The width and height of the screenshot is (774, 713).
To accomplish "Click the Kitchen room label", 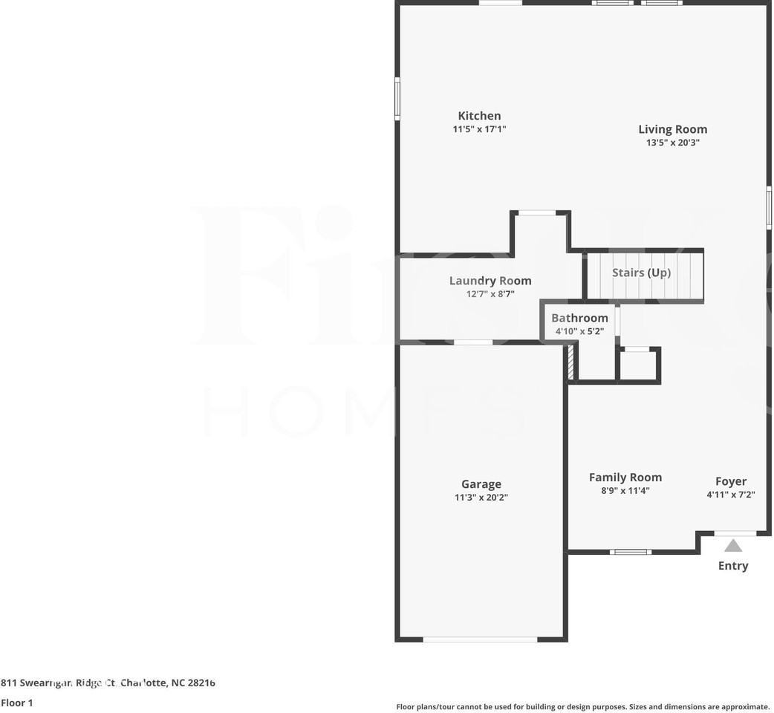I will (479, 116).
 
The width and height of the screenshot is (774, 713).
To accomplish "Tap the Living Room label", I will (672, 129).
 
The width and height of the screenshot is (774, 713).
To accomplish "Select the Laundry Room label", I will (490, 281).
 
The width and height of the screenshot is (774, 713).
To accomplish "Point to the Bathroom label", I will (579, 318).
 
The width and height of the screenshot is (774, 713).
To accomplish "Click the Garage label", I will (481, 484).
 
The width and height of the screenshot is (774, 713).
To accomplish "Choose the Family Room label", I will (625, 478).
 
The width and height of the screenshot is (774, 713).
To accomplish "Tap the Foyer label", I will (731, 481).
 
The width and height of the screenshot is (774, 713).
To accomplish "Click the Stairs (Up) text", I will (641, 273).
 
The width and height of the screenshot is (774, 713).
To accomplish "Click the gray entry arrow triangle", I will (733, 546).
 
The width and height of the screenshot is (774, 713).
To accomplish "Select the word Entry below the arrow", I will (733, 566).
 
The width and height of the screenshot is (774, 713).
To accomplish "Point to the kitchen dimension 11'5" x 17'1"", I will (479, 129).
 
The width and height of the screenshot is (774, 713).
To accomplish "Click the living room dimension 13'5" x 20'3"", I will (672, 143).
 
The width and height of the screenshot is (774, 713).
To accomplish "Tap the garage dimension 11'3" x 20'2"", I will (481, 498).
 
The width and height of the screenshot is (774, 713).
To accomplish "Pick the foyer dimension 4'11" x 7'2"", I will (731, 495).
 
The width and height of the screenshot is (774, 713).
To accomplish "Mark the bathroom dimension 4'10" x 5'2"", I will (579, 331).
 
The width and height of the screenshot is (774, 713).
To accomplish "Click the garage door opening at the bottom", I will (480, 639).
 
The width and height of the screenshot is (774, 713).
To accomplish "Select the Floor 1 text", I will (17, 703).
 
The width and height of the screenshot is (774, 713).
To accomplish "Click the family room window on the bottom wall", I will (631, 552).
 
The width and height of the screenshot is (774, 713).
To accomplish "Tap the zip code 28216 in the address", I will (203, 683).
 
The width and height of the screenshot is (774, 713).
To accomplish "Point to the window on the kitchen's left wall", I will (397, 99).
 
